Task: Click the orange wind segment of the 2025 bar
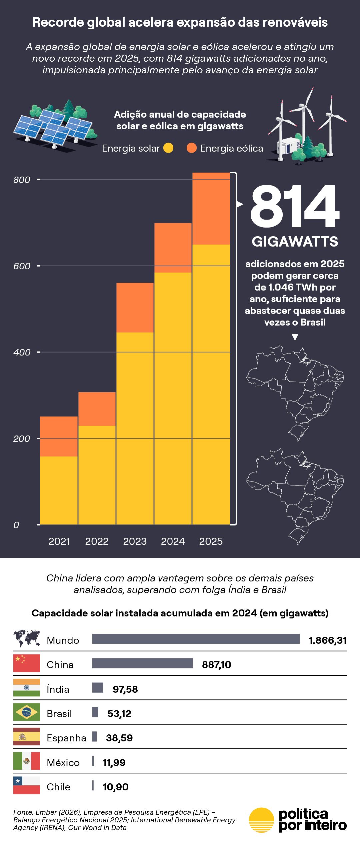pos(211,209)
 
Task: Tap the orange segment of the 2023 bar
pos(135,307)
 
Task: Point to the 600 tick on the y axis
pos(22,266)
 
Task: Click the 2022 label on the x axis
pos(97,541)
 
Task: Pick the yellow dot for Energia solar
pos(168,148)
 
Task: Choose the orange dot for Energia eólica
pos(191,148)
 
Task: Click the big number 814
pos(295,206)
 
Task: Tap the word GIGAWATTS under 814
pos(295,242)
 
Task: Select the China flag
pos(27,663)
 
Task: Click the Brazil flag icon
pos(27,712)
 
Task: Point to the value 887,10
pos(216,664)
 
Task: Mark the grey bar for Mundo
pos(196,639)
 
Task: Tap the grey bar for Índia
pos(98,687)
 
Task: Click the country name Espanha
pos(66,738)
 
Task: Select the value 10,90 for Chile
pos(115,787)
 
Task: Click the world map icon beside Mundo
pos(27,638)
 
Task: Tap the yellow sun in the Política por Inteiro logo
pos(262,820)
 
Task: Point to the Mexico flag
pos(27,761)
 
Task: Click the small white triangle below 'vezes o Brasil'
pos(295,337)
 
